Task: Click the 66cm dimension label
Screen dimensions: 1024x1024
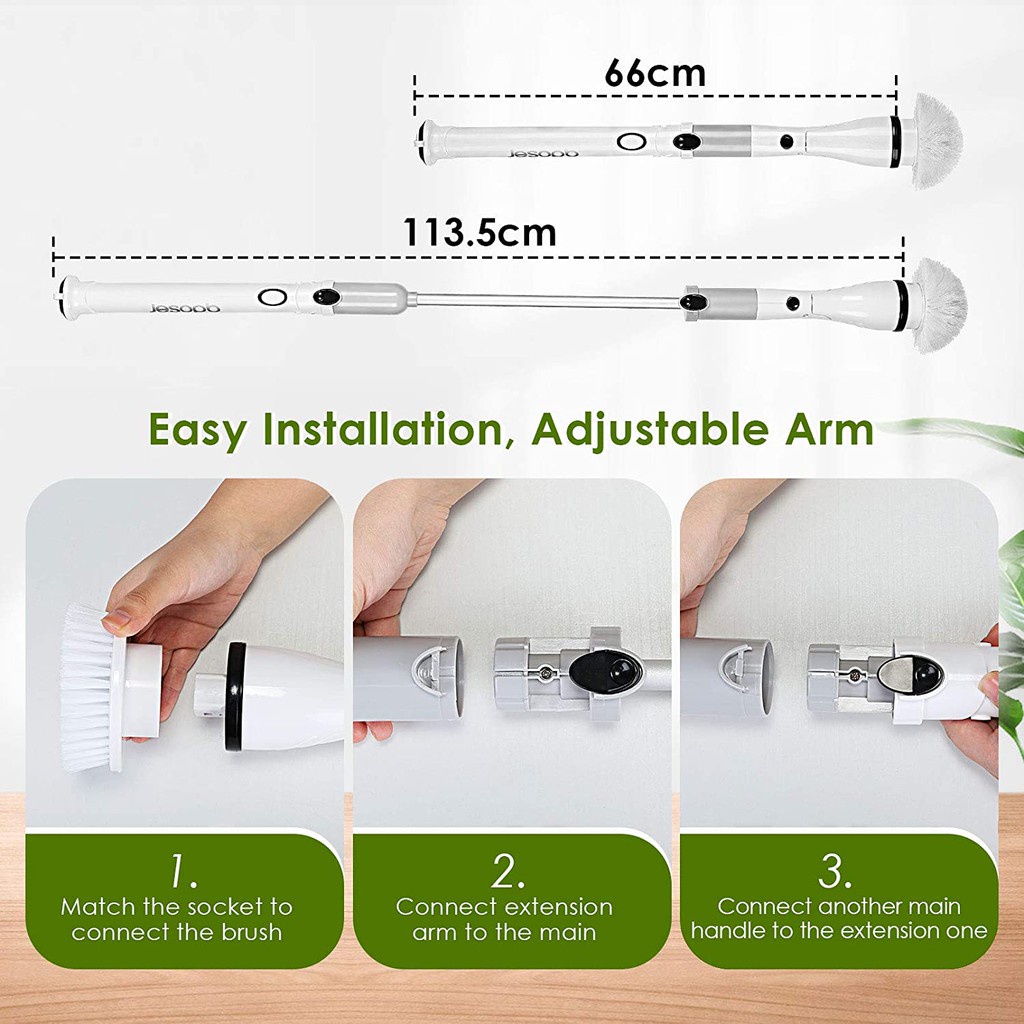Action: click(x=655, y=73)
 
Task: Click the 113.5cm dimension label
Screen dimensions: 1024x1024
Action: click(x=479, y=233)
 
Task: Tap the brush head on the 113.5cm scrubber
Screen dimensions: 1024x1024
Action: click(x=938, y=304)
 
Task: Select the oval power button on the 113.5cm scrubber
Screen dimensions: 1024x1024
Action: click(x=272, y=297)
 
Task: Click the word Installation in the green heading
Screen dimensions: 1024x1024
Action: click(x=381, y=430)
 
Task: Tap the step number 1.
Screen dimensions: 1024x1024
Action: click(x=182, y=873)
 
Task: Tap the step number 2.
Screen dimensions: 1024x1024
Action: click(x=508, y=873)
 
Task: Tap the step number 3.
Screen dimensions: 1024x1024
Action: click(x=834, y=873)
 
